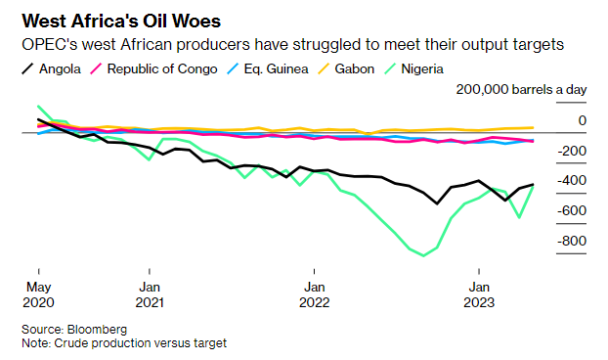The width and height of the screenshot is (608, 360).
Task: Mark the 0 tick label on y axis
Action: (x=581, y=120)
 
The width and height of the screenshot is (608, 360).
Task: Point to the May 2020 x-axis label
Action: (x=38, y=293)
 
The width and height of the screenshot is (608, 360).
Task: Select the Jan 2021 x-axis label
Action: (x=150, y=293)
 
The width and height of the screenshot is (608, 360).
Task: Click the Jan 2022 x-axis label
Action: (x=314, y=293)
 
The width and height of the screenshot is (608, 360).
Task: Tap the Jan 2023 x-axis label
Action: (x=478, y=293)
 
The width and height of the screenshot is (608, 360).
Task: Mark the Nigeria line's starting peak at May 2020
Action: (x=38, y=106)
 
